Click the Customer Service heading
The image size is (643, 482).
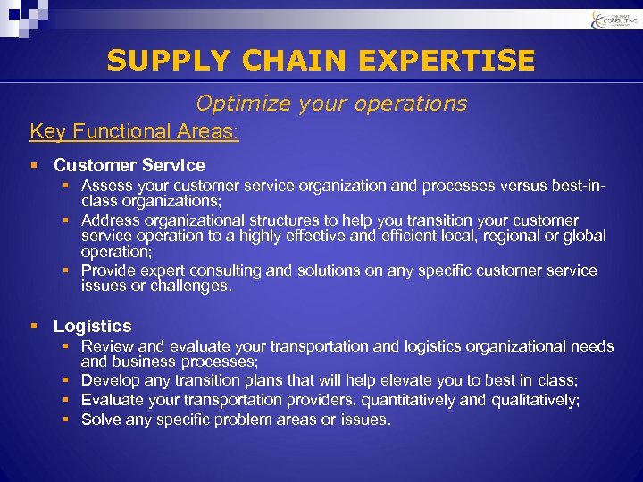click(x=129, y=165)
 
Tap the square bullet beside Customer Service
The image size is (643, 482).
click(x=34, y=165)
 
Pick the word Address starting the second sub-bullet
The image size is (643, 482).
click(x=110, y=220)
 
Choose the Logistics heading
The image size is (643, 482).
click(x=92, y=326)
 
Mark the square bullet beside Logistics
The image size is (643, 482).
click(x=34, y=326)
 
